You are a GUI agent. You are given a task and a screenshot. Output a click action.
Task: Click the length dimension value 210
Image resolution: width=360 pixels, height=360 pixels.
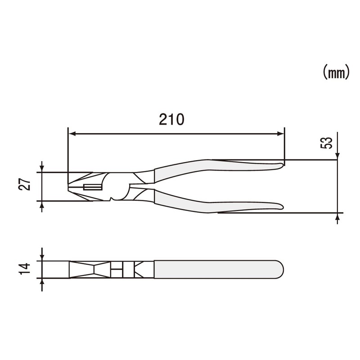(x=171, y=119)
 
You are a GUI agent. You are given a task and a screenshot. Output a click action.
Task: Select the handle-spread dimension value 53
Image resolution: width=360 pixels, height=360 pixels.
(x=328, y=143)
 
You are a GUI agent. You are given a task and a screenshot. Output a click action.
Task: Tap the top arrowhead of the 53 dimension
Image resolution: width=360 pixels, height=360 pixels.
(x=337, y=156)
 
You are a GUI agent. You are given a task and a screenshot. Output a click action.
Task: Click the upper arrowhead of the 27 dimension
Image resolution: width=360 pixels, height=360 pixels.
(x=42, y=169)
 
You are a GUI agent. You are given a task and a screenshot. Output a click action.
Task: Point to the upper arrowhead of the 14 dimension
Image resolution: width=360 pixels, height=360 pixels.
(x=42, y=257)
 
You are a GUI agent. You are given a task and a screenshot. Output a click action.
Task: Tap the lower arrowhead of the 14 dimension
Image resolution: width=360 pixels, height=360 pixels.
(x=42, y=282)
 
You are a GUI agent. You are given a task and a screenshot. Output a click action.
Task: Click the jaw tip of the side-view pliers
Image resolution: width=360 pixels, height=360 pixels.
(x=69, y=185)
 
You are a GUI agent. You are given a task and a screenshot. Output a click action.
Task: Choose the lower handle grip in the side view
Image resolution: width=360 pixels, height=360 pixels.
(x=216, y=205)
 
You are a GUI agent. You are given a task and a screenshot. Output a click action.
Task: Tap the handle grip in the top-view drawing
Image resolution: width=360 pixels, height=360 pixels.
(x=216, y=269)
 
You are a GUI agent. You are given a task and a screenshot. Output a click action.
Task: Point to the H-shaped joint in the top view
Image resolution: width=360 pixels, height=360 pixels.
(x=117, y=270)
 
